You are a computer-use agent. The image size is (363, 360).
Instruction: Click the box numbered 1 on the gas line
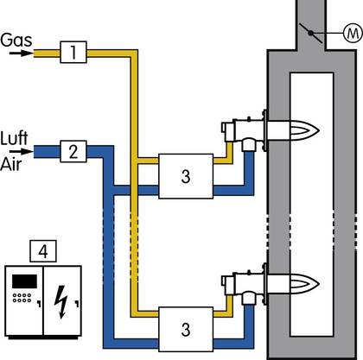coord(73,52)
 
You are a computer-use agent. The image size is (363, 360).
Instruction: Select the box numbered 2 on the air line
coord(73,151)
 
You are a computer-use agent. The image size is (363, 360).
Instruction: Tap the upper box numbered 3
coord(186,176)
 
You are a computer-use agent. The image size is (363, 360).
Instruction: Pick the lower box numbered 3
coord(186,329)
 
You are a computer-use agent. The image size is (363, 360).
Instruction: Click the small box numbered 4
coord(43,251)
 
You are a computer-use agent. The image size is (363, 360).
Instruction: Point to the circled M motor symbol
coord(353,34)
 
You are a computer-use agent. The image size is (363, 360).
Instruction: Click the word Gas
coord(16,40)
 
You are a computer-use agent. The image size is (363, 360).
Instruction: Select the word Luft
coord(14,138)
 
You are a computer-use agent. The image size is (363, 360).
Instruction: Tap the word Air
coord(11,165)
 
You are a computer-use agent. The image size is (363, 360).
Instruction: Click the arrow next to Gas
coord(21,54)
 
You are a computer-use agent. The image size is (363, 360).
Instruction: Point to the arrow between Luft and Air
coord(21,151)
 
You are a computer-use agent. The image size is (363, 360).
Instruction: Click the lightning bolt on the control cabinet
coord(61,302)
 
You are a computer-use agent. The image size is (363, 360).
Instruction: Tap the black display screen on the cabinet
coord(24,281)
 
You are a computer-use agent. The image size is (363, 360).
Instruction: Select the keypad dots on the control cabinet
coord(22,298)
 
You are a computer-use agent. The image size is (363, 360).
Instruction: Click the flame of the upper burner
coord(304,131)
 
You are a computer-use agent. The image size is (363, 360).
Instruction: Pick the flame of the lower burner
coord(304,284)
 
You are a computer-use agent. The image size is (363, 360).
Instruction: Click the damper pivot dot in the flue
coord(310,34)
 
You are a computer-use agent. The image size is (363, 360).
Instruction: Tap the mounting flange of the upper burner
coord(264,130)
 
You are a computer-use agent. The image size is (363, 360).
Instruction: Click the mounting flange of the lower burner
coord(264,284)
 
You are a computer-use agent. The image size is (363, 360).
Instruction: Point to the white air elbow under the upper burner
coord(248,144)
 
